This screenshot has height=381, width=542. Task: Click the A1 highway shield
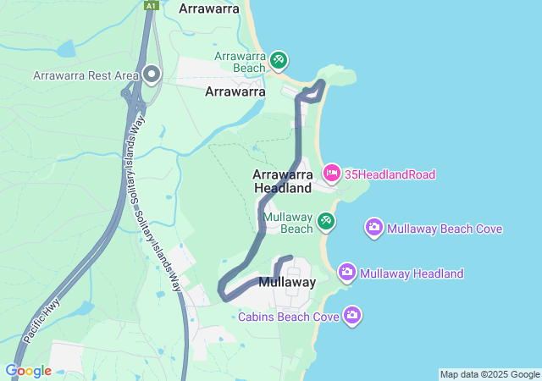tap(151, 6)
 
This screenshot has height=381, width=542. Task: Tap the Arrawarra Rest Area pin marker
tap(152, 75)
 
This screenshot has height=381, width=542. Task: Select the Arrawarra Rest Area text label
tap(86, 75)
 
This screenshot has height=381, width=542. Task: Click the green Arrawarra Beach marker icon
tap(279, 61)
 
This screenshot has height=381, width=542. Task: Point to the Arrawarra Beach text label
tap(241, 62)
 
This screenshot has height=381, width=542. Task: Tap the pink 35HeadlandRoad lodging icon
tap(331, 174)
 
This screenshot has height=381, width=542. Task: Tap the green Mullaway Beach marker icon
tap(325, 222)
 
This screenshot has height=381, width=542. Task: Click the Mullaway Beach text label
tap(287, 223)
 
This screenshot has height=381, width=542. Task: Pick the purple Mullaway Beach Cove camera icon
tap(373, 228)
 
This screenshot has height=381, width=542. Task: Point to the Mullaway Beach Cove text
tap(445, 229)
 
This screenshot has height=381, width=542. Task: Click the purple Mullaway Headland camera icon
tap(346, 273)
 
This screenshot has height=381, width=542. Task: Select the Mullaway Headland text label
tap(412, 273)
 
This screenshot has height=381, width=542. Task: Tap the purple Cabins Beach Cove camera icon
tap(352, 316)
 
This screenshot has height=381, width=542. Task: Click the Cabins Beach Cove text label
tap(289, 317)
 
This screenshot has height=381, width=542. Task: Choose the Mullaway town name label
tap(287, 282)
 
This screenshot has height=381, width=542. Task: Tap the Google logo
tap(28, 371)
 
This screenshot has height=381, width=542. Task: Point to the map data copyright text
tap(489, 374)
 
